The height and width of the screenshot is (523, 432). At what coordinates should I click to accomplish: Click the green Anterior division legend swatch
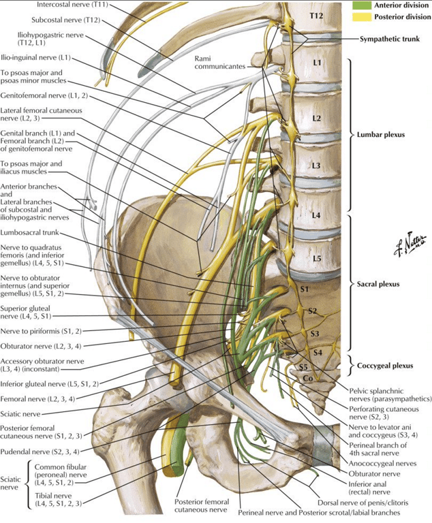361,5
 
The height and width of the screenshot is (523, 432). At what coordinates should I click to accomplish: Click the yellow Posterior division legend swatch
361,16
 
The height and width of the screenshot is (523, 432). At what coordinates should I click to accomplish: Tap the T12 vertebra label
316,16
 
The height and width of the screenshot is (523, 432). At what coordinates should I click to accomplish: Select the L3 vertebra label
315,165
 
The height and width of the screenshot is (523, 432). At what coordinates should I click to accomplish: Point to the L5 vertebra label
317,259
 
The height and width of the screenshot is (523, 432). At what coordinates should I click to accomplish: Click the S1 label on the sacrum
304,289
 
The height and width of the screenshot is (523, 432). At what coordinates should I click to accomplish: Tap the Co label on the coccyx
307,379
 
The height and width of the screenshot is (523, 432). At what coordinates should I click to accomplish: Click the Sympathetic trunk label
390,39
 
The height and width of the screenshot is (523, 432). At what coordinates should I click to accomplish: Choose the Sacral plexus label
378,284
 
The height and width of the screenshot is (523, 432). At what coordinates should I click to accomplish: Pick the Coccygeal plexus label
385,366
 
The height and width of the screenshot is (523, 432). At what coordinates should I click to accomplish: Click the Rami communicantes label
219,63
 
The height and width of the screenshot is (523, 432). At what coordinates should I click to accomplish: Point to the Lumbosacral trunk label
29,232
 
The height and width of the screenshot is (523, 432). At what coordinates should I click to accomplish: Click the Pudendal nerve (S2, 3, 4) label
40,452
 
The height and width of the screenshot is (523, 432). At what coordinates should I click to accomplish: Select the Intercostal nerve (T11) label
73,5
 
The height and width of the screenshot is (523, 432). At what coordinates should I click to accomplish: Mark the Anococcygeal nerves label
382,463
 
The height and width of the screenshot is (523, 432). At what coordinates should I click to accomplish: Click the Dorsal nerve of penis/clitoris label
362,503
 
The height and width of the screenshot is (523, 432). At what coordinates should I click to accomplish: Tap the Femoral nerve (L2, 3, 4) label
37,399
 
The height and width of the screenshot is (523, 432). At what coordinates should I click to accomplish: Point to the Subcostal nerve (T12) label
66,20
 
